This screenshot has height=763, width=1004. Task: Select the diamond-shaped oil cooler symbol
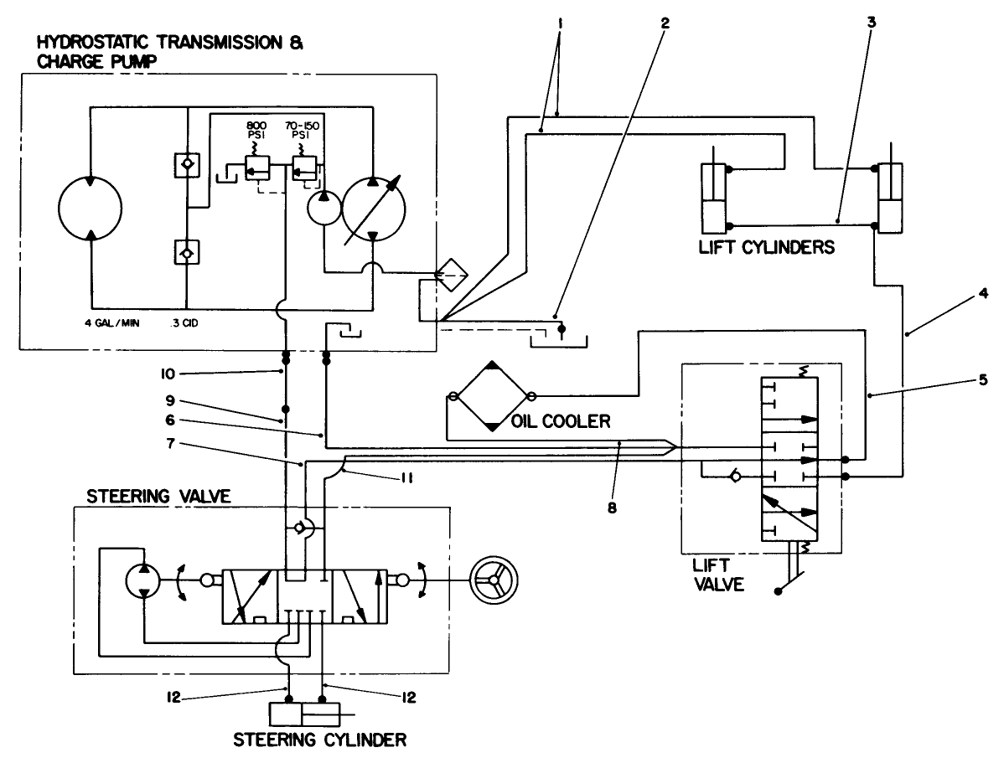click(491, 397)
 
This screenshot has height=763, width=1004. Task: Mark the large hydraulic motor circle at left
click(91, 205)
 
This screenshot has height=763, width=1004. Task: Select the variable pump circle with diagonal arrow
click(374, 205)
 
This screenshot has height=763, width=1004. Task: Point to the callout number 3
click(871, 23)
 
